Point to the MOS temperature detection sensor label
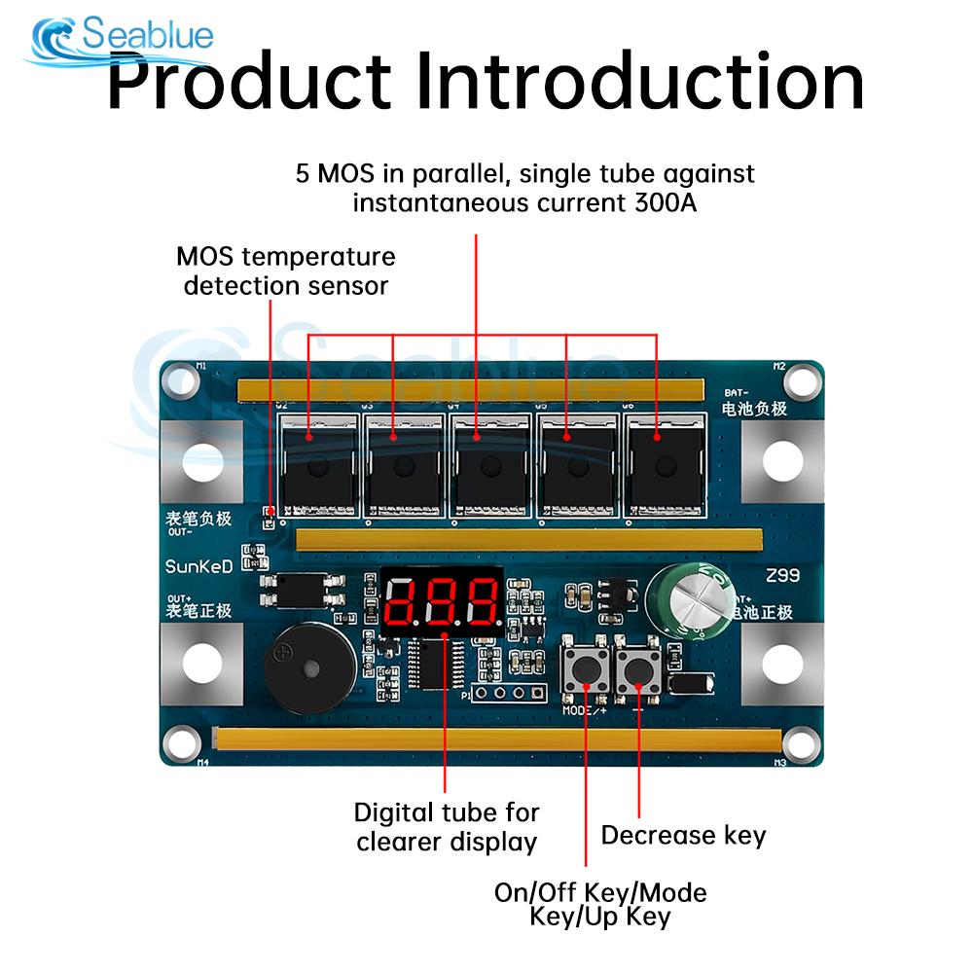tap(286, 271)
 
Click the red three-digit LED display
tap(441, 600)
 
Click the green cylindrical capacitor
tap(692, 600)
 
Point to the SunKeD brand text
tap(198, 566)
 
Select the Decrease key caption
tap(683, 835)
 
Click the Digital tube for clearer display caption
tap(447, 827)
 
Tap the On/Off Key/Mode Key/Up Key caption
tap(600, 905)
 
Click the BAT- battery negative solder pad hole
tap(783, 459)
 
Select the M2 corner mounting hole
tap(800, 379)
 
